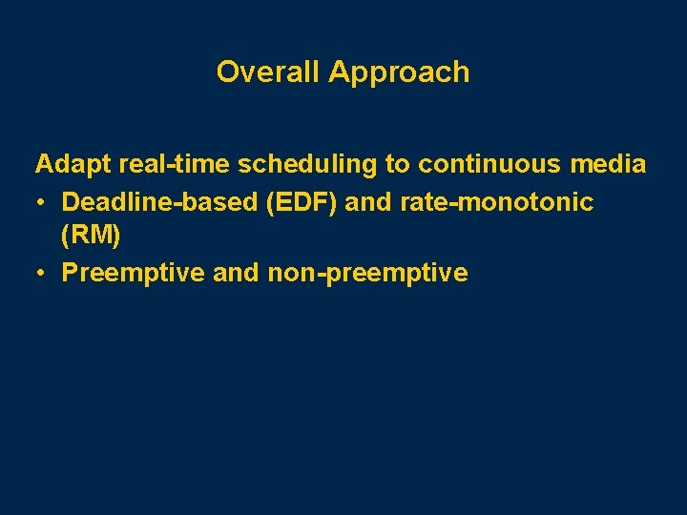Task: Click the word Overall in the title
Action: [x=268, y=72]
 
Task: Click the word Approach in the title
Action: [x=399, y=72]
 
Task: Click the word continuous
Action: [x=478, y=164]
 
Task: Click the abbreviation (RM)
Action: [x=91, y=237]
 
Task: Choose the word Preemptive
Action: [x=134, y=273]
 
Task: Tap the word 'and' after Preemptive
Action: [x=236, y=273]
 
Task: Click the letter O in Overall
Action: [x=227, y=72]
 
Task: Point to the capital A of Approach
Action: [x=339, y=72]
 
